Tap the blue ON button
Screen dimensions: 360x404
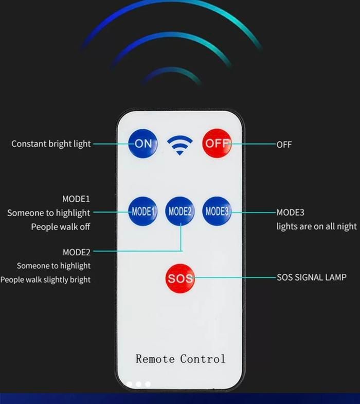143,143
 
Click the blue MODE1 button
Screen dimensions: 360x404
143,212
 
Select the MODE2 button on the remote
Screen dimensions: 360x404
179,212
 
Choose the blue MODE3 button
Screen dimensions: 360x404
217,212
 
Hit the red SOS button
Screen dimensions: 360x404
180,278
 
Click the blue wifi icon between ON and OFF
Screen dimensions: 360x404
179,145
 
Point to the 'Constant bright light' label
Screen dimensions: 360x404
51,144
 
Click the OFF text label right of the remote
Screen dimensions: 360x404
284,145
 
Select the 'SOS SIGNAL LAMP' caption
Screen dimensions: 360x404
312,277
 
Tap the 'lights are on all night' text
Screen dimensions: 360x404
316,226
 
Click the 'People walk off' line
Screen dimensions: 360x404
61,227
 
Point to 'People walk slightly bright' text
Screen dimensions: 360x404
45,279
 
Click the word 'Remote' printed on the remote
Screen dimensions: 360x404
155,359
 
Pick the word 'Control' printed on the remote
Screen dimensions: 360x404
203,359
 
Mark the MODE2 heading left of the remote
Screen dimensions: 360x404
77,252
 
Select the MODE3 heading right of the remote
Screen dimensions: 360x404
290,213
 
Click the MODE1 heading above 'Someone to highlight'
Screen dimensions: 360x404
76,199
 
